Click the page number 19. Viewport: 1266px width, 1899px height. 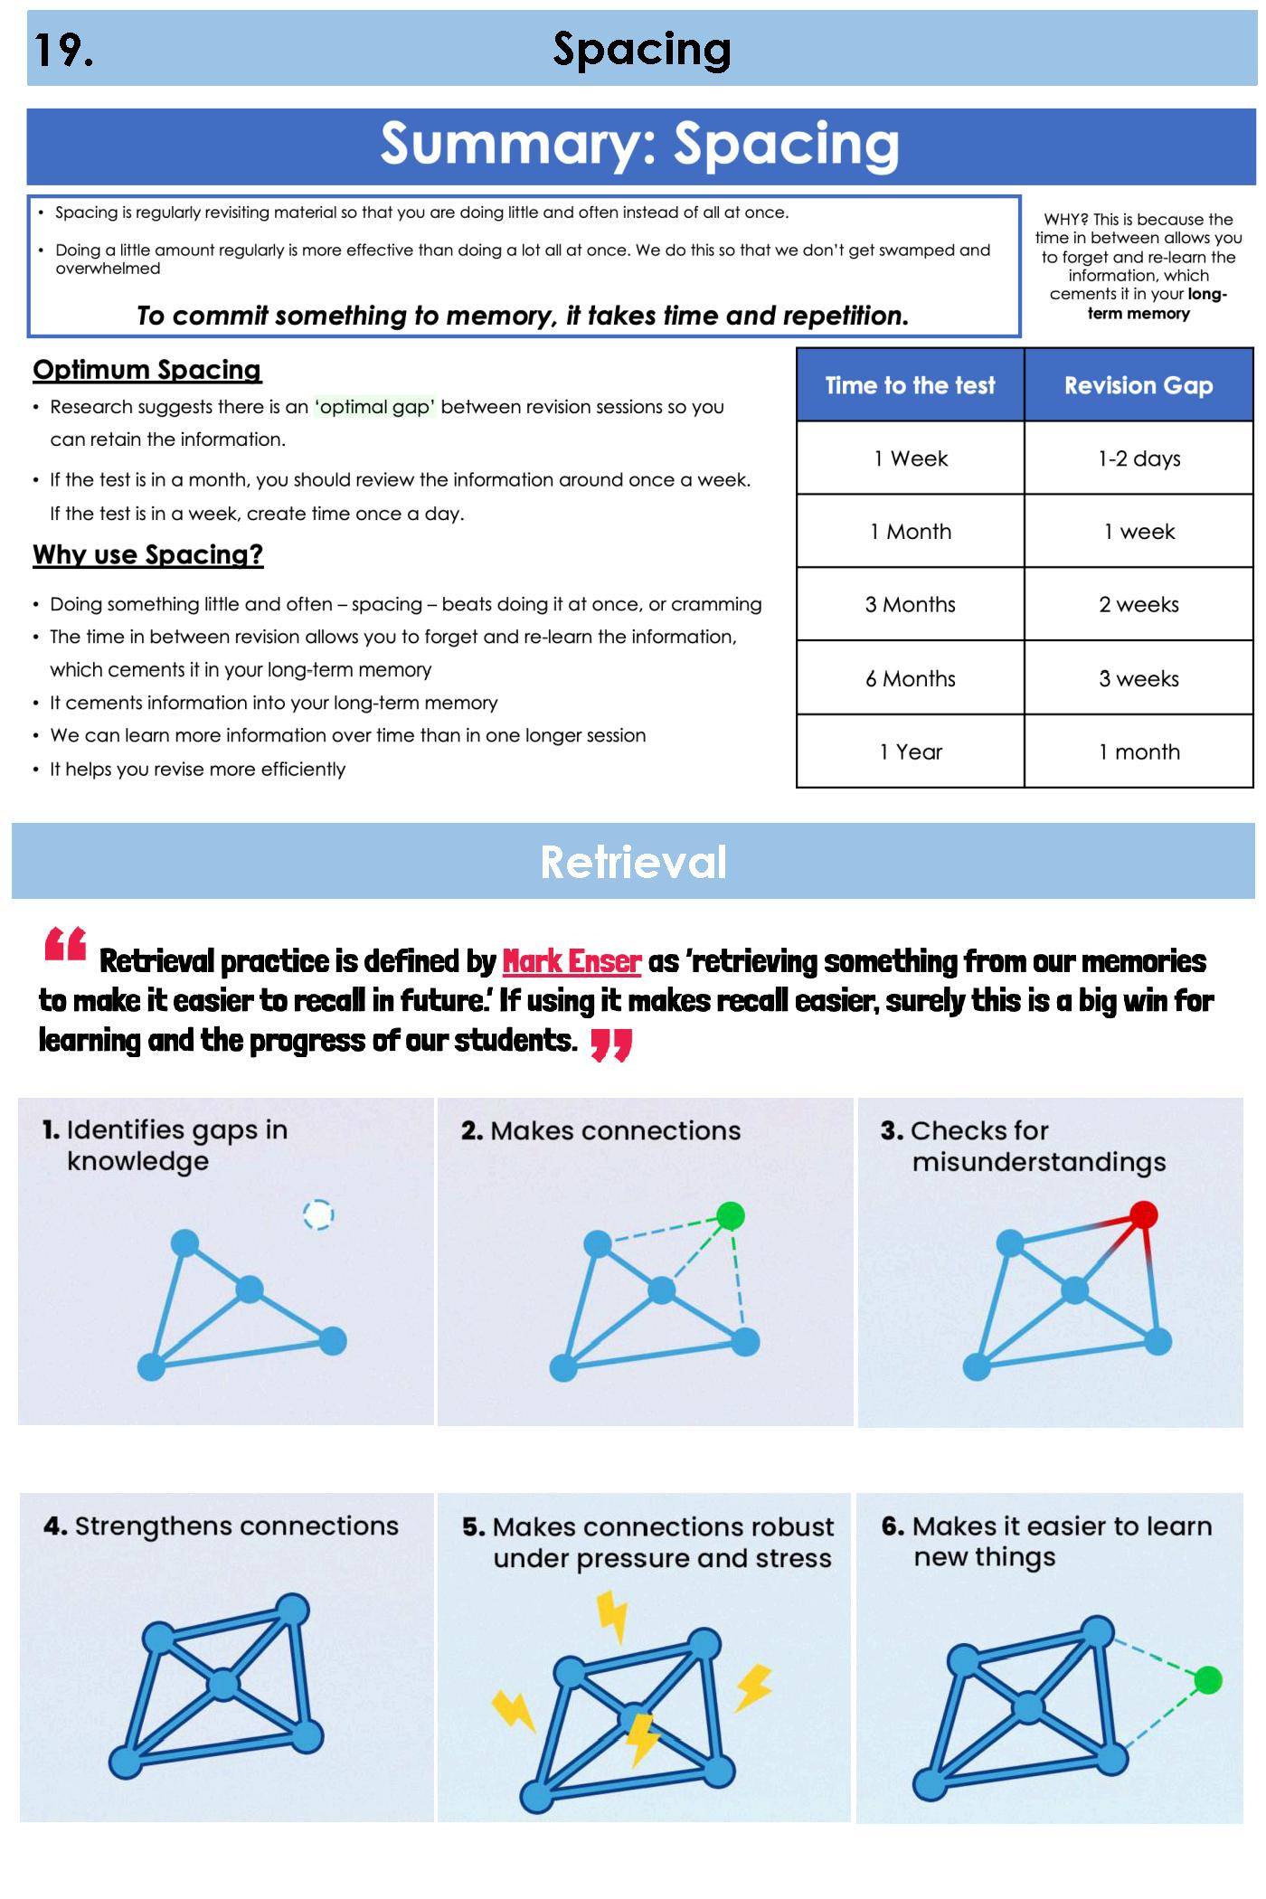coord(63,50)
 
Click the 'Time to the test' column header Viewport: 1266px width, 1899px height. coord(910,385)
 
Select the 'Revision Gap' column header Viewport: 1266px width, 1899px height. coord(1138,385)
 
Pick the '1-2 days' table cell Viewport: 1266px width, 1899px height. coord(1138,458)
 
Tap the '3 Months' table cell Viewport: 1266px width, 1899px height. coord(910,604)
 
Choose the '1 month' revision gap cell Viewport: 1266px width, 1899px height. coord(1138,751)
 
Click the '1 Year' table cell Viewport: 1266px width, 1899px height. coord(910,751)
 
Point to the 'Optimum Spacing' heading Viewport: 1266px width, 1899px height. coord(146,370)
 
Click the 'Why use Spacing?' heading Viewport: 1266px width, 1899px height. coord(147,554)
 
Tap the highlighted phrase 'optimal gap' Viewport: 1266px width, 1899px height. coord(374,407)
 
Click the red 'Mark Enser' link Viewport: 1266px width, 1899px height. coord(572,960)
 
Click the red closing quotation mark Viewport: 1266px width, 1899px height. coord(610,1044)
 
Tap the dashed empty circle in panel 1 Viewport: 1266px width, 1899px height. coord(318,1214)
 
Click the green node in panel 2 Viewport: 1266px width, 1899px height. coord(730,1215)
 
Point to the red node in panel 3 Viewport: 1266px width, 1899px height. coord(1144,1214)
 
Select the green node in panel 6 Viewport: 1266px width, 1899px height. coord(1207,1679)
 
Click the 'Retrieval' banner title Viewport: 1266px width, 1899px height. coord(633,862)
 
